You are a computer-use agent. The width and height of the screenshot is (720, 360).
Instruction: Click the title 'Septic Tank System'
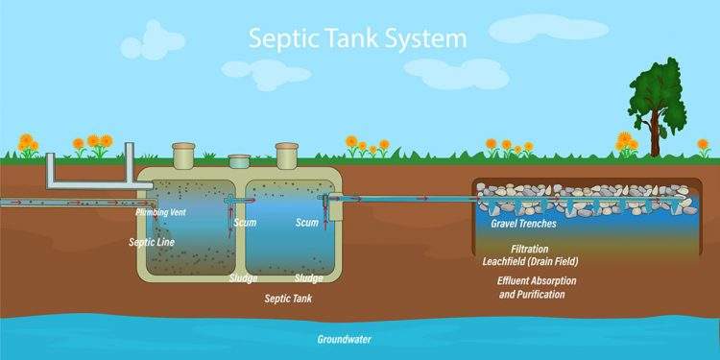pyautogui.click(x=357, y=39)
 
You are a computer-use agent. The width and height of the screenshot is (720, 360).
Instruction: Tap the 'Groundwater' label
pyautogui.click(x=345, y=339)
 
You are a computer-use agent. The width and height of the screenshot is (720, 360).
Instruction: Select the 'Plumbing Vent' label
pyautogui.click(x=160, y=211)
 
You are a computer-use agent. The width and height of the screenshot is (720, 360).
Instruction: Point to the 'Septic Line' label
pyautogui.click(x=152, y=242)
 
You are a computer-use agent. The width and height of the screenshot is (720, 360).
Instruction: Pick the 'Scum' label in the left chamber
pyautogui.click(x=246, y=223)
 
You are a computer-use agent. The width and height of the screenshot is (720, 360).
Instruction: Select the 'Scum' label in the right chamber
pyautogui.click(x=306, y=223)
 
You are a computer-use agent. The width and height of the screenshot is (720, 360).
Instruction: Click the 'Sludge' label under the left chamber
pyautogui.click(x=243, y=277)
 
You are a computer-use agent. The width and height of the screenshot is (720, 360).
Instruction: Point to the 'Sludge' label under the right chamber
pyautogui.click(x=308, y=277)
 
